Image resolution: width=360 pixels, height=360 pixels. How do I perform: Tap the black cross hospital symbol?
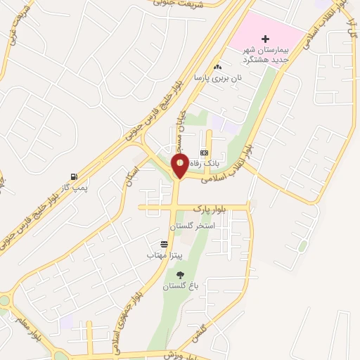tap(265, 39)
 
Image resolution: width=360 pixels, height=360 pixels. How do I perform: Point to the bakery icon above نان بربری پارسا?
tap(218, 67)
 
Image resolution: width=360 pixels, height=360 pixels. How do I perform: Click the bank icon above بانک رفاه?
tap(204, 153)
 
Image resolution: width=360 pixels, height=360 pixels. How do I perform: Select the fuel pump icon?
tap(74, 176)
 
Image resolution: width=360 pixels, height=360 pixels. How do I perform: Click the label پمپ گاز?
tap(73, 188)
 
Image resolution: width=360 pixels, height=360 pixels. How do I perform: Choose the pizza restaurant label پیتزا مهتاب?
tap(164, 254)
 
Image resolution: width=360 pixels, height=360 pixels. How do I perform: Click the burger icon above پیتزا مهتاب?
tap(164, 243)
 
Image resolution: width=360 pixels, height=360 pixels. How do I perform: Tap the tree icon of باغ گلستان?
tap(181, 275)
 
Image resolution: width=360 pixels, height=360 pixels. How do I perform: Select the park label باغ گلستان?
tap(181, 286)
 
